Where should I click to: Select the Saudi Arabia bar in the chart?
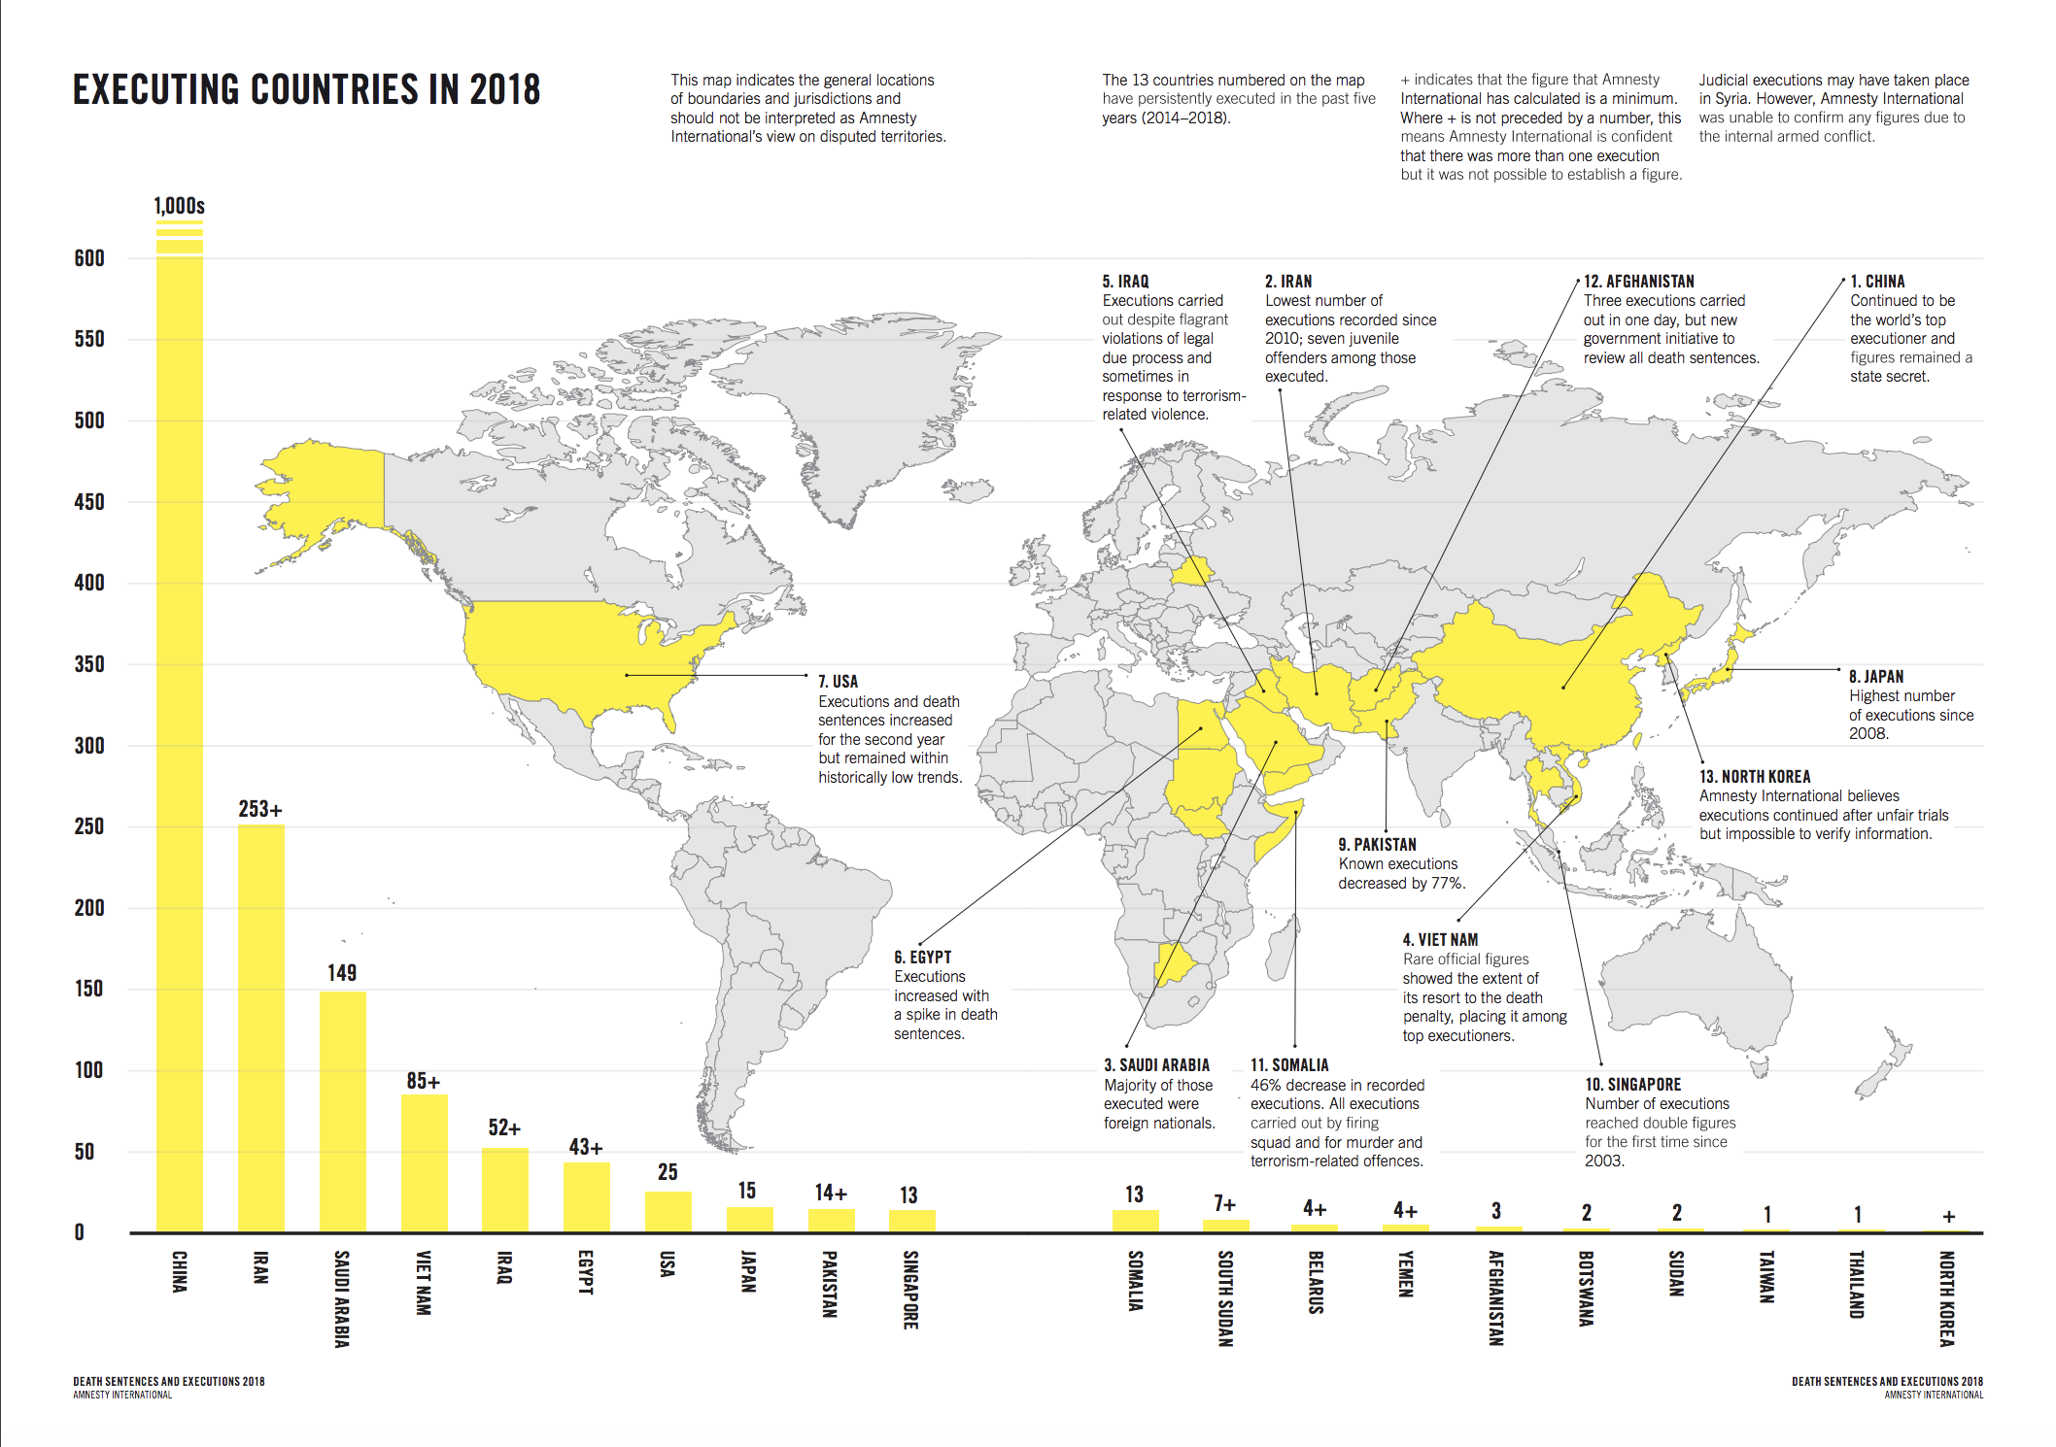[x=342, y=1111]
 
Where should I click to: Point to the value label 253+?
[x=260, y=809]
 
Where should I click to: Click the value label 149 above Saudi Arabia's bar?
[x=342, y=973]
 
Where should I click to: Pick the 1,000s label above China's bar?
[x=180, y=206]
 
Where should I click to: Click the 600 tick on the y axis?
[x=89, y=258]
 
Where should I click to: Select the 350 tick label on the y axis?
[x=89, y=664]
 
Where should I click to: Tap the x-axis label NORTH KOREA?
[x=1946, y=1298]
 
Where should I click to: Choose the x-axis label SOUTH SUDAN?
[x=1225, y=1298]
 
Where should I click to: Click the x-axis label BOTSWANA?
[x=1586, y=1289]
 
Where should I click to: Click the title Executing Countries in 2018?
[x=306, y=90]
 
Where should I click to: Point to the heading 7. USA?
[x=838, y=682]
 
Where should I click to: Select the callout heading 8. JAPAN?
[x=1875, y=677]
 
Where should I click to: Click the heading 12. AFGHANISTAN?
[x=1638, y=282]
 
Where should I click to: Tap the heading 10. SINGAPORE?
[x=1632, y=1085]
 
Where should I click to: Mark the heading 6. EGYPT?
[x=922, y=958]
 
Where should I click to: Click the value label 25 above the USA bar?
[x=668, y=1172]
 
